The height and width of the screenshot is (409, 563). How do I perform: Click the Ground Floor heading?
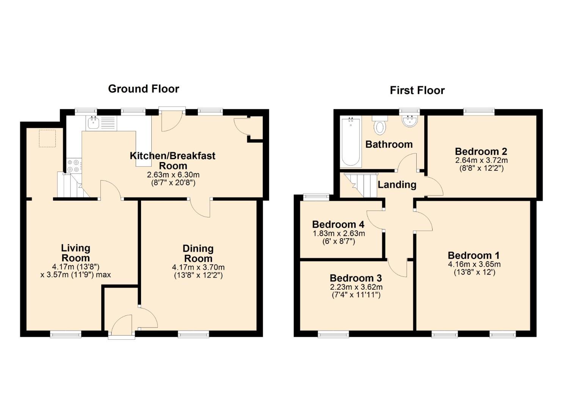[144, 89]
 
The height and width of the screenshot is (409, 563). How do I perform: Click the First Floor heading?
[417, 91]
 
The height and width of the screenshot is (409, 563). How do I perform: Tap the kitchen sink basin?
[93, 123]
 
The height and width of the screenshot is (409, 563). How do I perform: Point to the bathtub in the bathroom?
[351, 142]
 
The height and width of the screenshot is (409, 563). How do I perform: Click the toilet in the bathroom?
[380, 125]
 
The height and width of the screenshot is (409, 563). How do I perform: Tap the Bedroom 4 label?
[338, 224]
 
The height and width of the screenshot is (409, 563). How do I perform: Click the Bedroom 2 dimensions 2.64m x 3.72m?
[481, 160]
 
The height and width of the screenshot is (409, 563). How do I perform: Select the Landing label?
[397, 185]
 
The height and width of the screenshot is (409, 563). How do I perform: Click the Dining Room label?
[198, 253]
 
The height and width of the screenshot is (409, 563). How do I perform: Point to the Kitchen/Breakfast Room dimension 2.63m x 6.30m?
[173, 175]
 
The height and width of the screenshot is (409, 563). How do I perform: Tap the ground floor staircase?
[73, 184]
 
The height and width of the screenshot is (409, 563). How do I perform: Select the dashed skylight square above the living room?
[47, 138]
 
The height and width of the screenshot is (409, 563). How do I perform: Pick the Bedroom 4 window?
[316, 197]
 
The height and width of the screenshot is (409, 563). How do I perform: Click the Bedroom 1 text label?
[474, 256]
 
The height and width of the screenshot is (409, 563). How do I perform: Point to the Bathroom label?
[389, 144]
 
